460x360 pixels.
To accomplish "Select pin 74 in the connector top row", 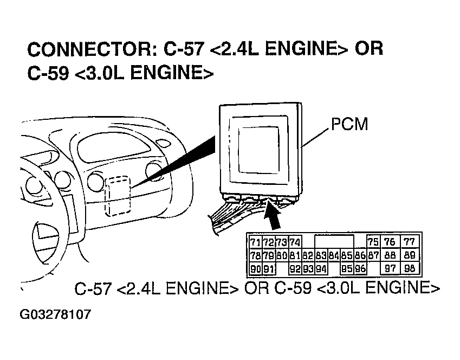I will point(295,242).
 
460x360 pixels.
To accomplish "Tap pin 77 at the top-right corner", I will point(410,242).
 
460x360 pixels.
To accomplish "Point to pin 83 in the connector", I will point(321,255).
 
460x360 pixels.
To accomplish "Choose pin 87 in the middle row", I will point(373,255).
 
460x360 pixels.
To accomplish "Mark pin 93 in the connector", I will point(308,268).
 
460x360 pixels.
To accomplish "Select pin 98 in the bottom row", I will point(410,268).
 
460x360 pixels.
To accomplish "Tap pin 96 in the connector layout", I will point(360,268).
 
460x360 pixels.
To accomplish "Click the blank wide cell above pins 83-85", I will point(334,242).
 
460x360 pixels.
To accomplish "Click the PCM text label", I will point(349,125).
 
